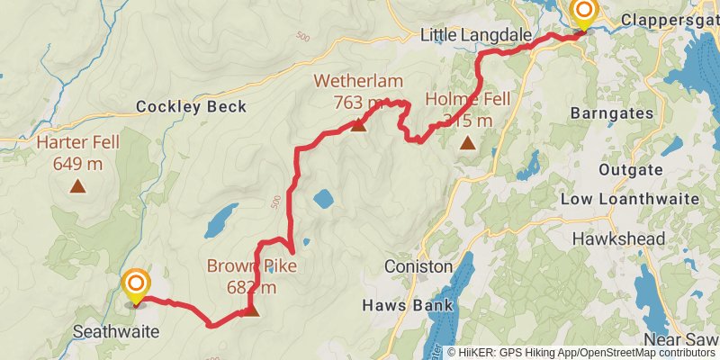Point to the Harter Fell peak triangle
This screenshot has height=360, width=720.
pyautogui.click(x=78, y=186)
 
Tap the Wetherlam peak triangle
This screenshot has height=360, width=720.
pyautogui.click(x=358, y=125)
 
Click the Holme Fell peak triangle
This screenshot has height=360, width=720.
pyautogui.click(x=467, y=142)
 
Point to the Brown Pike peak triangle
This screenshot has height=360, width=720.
pyautogui.click(x=250, y=310)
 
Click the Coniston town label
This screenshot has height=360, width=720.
pyautogui.click(x=418, y=267)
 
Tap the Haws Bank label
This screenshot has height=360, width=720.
pyautogui.click(x=406, y=305)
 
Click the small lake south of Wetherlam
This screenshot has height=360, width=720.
pyautogui.click(x=323, y=199)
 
